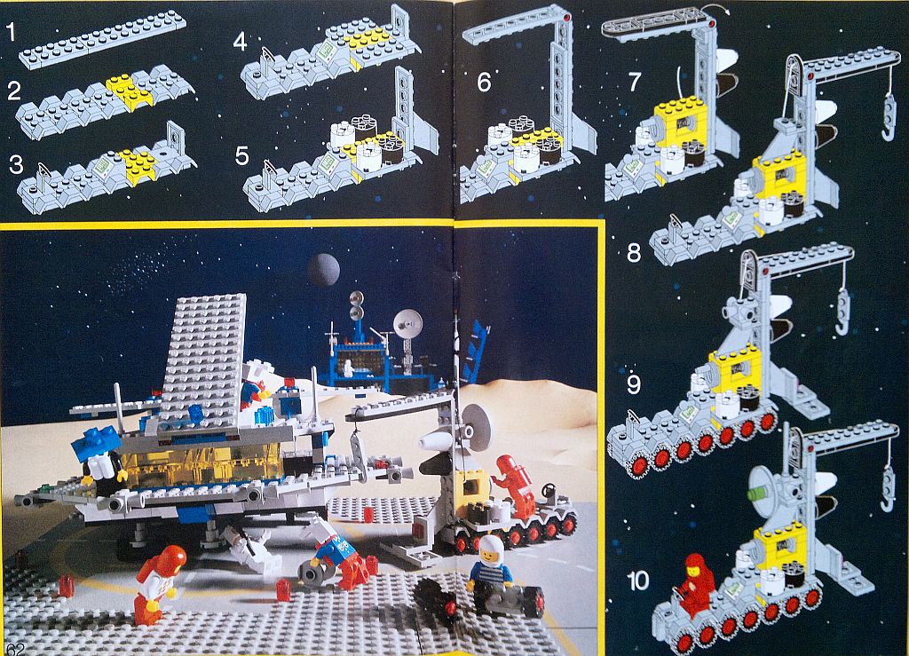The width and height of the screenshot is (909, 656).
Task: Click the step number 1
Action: tap(11, 33)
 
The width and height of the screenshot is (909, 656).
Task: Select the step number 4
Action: tap(240, 42)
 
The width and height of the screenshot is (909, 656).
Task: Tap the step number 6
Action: tap(484, 83)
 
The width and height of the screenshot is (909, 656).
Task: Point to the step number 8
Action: tap(634, 253)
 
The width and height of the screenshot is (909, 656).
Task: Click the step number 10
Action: tap(638, 581)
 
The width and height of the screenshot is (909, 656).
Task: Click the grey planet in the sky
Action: tap(323, 270)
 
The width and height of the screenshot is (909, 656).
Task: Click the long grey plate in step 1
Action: tap(103, 39)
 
